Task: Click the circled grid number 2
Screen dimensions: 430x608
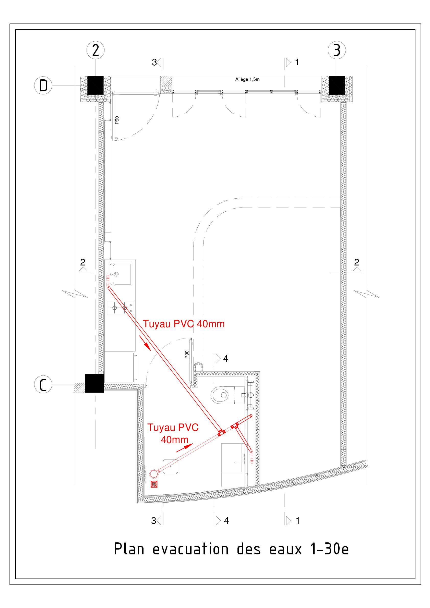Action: [x=95, y=50]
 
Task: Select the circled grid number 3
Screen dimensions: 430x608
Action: [x=337, y=50]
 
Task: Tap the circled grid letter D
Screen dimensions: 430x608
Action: [x=43, y=86]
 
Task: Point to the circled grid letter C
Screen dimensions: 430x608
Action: [x=43, y=384]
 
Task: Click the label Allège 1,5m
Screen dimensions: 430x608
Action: [x=247, y=79]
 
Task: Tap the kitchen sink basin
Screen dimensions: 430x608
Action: [x=121, y=274]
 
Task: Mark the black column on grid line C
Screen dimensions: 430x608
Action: [x=94, y=383]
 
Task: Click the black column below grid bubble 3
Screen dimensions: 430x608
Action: [x=337, y=85]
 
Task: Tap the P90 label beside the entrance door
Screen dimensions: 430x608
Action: [x=117, y=120]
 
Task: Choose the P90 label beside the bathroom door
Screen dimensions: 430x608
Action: [x=187, y=354]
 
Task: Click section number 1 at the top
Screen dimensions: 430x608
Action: [x=297, y=62]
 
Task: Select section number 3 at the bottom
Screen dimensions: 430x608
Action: [x=153, y=521]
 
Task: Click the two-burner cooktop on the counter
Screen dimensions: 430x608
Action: [x=121, y=308]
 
